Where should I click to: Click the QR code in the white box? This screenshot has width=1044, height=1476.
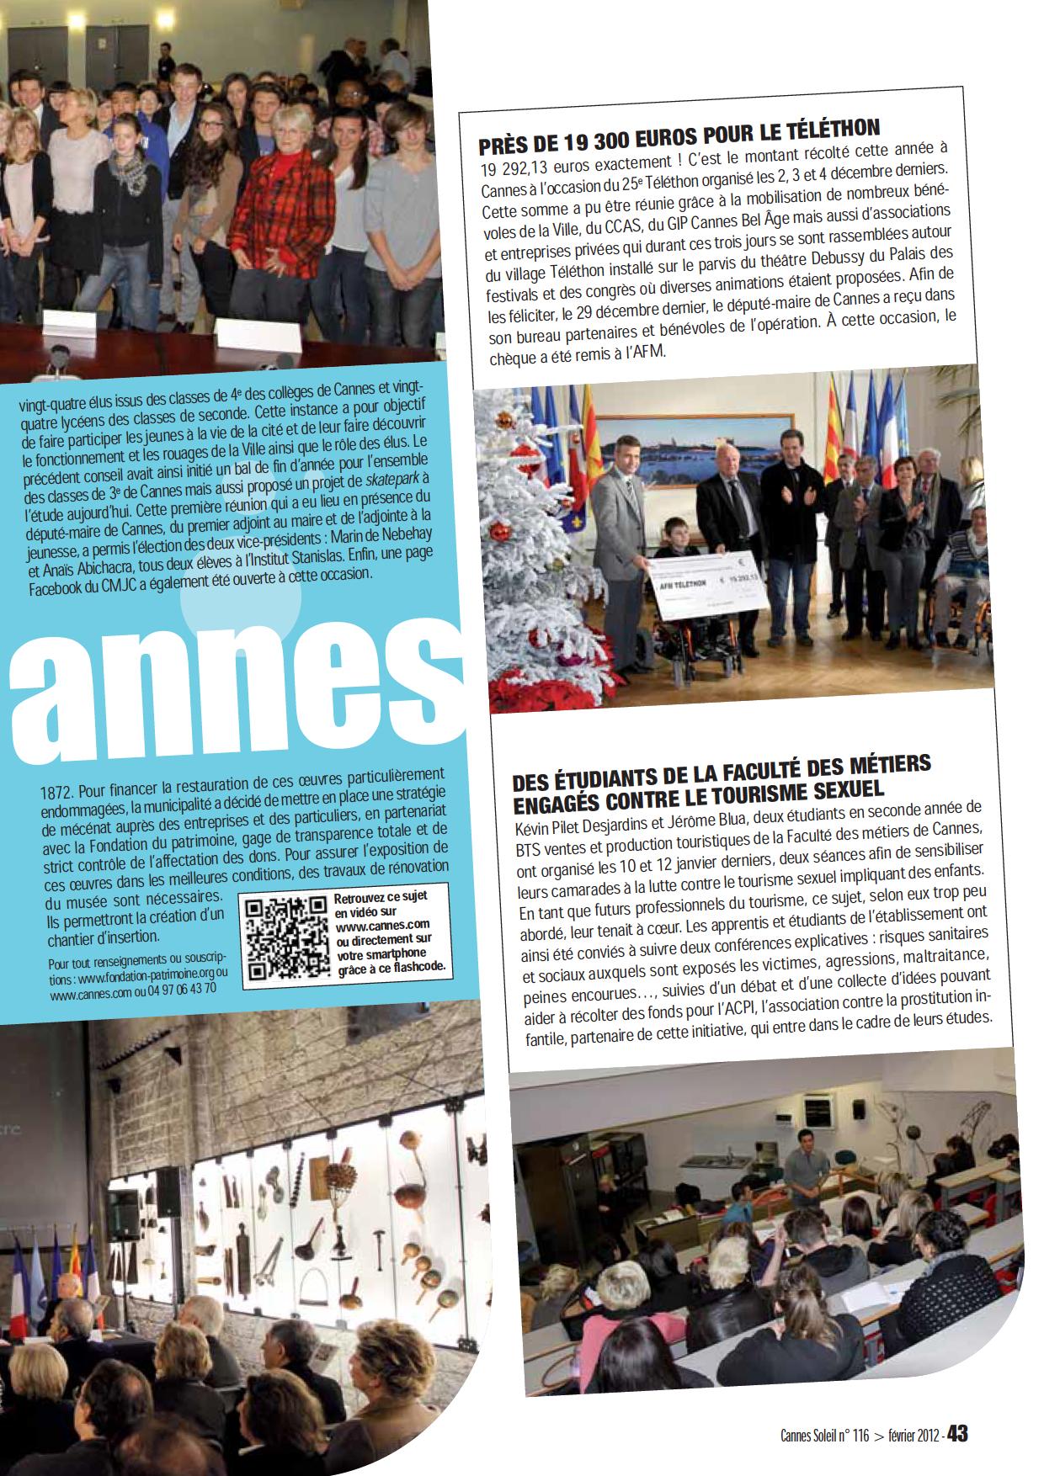[x=286, y=941]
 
